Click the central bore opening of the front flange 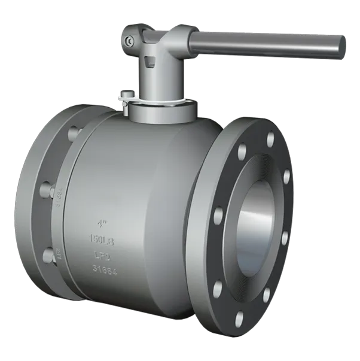[x=255, y=230]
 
